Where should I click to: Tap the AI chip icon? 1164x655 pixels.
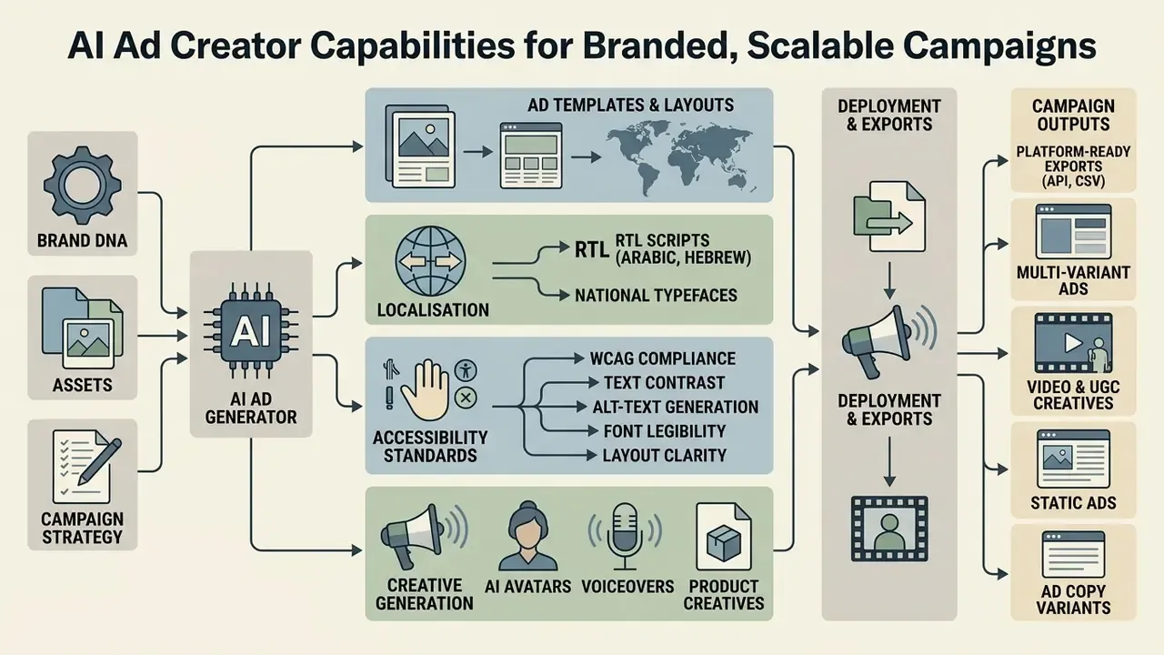pos(251,330)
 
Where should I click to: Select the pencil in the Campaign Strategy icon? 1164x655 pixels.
pos(99,462)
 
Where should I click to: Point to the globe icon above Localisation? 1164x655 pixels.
pos(431,260)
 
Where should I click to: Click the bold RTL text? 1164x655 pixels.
pos(592,249)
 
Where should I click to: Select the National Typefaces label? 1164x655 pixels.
pos(656,296)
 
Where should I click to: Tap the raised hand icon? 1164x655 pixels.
pos(425,390)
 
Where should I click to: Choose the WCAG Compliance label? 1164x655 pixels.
pos(663,358)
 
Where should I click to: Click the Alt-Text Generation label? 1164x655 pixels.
pos(676,407)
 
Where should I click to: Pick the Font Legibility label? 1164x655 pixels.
pos(665,431)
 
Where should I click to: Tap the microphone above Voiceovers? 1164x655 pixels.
pos(625,536)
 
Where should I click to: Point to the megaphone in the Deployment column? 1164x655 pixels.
pos(884,340)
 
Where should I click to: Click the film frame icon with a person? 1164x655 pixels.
pos(889,529)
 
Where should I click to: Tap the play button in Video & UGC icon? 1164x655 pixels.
pos(1073,343)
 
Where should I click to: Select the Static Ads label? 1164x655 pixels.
pos(1074,503)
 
